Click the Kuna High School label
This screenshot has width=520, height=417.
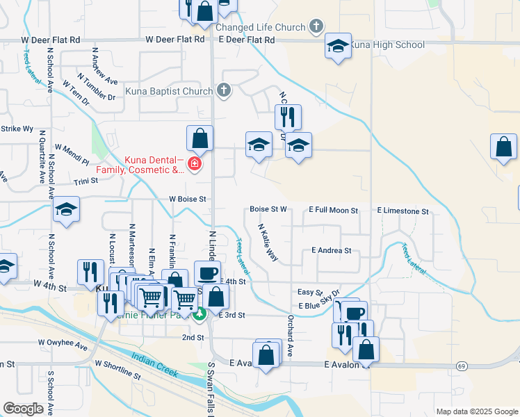coord(387,45)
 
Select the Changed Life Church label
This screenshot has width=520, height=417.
coord(260,28)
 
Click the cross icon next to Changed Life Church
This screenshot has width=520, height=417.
coord(316,27)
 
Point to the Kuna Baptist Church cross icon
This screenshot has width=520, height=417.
coord(223,90)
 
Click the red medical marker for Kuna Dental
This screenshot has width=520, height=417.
coord(195,164)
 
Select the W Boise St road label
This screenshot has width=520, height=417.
coord(188,199)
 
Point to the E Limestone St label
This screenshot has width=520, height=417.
coord(403,210)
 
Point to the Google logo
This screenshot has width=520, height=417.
coord(24,409)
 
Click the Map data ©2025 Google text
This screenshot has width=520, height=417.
coord(476,411)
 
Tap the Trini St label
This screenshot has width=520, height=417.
coord(86,181)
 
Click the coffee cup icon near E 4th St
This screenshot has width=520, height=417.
coord(208,273)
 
